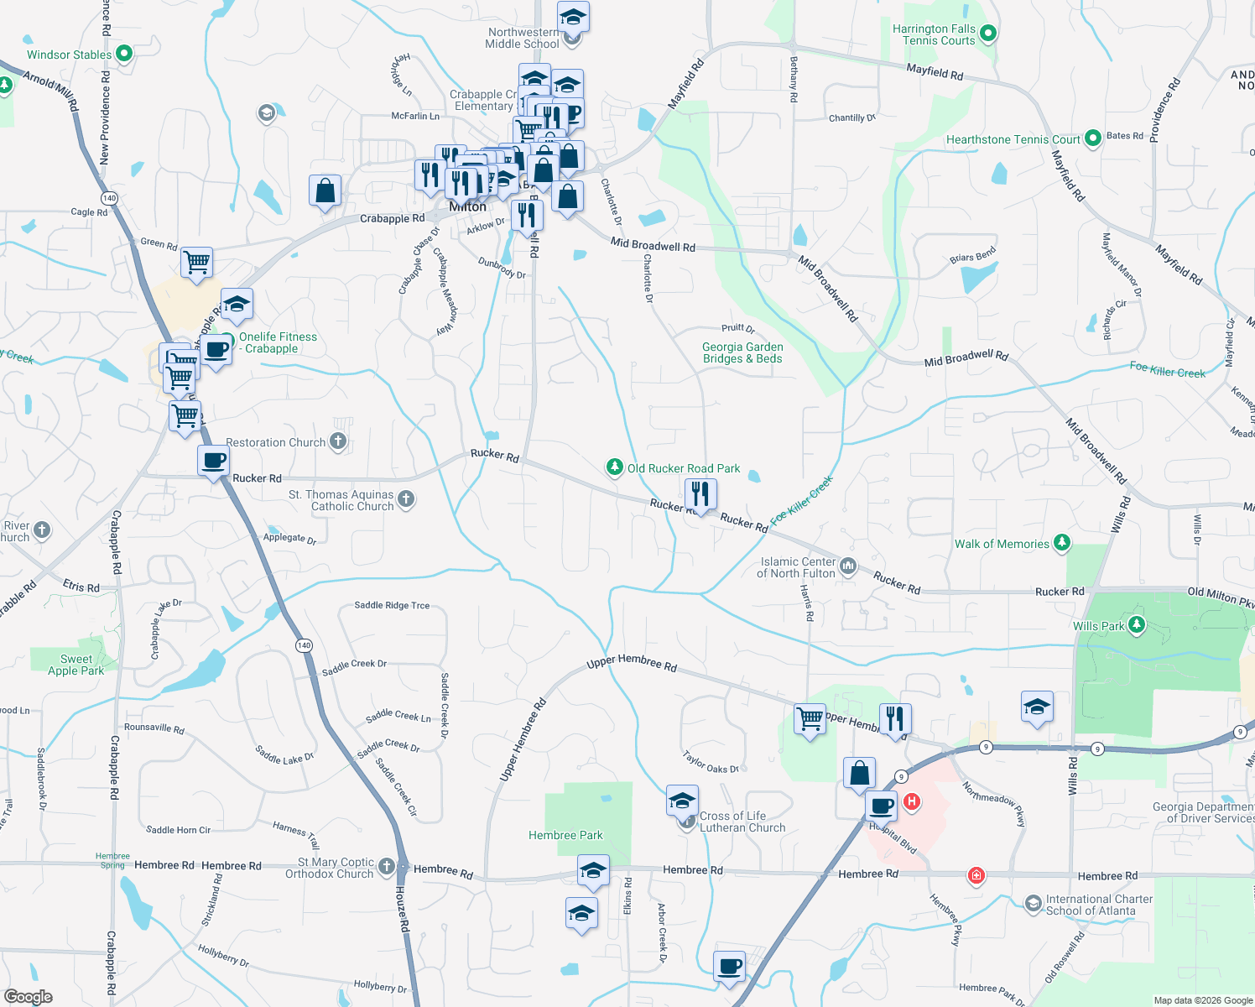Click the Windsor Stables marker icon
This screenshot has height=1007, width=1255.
coord(124,55)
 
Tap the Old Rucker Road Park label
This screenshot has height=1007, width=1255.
coord(684,468)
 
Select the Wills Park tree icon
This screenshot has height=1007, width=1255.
coord(1137,624)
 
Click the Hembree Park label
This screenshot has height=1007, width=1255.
coord(565,835)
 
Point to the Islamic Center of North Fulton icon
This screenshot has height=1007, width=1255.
coord(848,566)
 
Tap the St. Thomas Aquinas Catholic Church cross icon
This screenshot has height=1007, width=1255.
coord(406,500)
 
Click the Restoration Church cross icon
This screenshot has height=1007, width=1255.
coord(338,441)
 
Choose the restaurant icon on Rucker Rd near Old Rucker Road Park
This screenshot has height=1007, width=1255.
coord(700,495)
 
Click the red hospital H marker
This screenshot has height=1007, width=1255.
coord(911,802)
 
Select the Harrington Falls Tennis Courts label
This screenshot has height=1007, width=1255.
coord(934,34)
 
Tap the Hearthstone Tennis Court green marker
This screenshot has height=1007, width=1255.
coord(1092,138)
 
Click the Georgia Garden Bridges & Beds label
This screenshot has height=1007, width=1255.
coord(742,352)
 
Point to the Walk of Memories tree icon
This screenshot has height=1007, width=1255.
coord(1061,543)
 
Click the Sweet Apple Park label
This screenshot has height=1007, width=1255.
coord(76,665)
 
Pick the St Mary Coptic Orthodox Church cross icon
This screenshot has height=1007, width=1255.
coord(386,866)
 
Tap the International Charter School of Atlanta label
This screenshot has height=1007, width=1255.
coord(1099,905)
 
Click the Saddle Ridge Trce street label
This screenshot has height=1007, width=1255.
coord(392,605)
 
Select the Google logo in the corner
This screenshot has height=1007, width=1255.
coord(28,997)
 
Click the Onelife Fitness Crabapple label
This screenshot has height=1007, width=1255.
coord(278,342)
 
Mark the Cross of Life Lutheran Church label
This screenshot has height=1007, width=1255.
coord(742,822)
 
